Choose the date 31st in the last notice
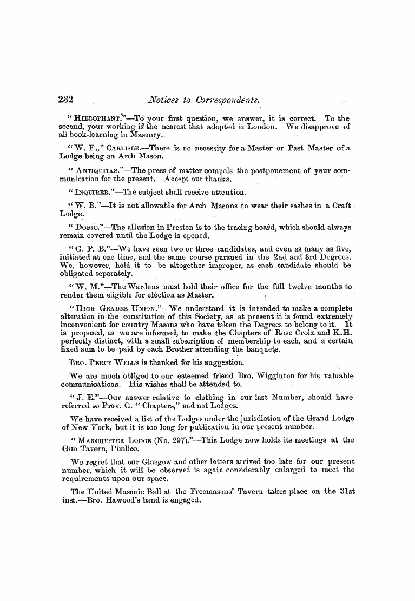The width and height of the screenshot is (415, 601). (346, 492)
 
